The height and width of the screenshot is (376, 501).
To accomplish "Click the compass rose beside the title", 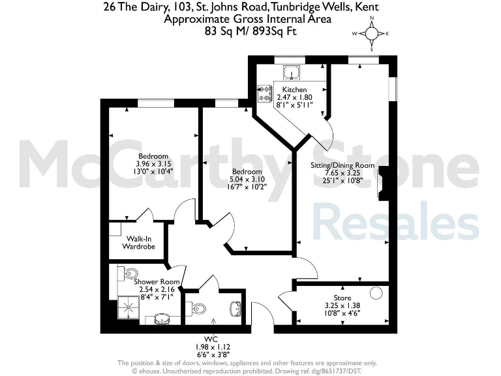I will [x=371, y=33].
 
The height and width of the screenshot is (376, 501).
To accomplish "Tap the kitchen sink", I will [x=291, y=72].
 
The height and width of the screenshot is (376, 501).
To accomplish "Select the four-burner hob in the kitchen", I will [x=266, y=93].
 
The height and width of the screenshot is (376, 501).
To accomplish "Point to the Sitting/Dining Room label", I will [x=343, y=165].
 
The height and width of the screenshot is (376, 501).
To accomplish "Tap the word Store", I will [x=342, y=298].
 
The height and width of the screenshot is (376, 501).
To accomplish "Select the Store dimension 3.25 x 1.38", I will [x=342, y=305].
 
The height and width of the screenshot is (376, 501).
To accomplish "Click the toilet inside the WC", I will [x=198, y=309].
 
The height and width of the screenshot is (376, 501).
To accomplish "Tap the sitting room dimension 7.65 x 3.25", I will [x=343, y=173].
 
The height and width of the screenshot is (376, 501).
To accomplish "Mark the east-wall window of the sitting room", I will [x=393, y=90].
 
